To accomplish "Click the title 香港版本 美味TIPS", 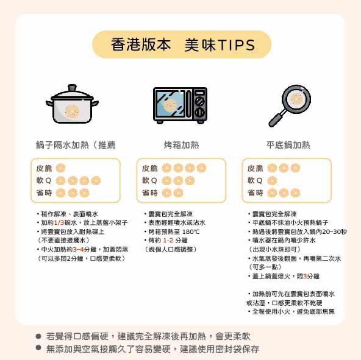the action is click(183, 44).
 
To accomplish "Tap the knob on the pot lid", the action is click(72, 88).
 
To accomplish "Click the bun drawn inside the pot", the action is click(73, 111).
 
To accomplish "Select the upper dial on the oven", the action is click(199, 101).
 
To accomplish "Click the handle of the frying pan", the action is click(277, 118).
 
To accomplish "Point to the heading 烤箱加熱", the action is click(182, 145).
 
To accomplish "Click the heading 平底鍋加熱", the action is click(288, 145).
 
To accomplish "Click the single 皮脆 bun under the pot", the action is click(60, 168).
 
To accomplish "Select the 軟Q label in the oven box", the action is click(149, 180).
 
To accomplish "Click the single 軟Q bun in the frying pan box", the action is click(272, 180).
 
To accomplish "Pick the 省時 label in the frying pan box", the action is click(255, 192).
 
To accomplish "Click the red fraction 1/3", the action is click(59, 223).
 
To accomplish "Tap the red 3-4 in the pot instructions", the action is click(78, 250).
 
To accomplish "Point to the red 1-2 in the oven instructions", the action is click(168, 241).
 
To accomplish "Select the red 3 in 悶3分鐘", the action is click(305, 276).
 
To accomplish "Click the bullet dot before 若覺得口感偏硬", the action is click(38, 336).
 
